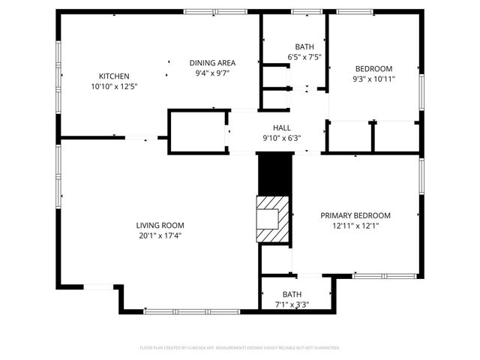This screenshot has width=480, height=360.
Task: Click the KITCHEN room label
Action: pyautogui.click(x=115, y=76)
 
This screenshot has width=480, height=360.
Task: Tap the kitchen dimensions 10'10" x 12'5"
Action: pyautogui.click(x=115, y=86)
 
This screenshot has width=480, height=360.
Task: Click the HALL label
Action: pyautogui.click(x=281, y=127)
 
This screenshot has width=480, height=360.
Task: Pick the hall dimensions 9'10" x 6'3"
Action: pyautogui.click(x=281, y=138)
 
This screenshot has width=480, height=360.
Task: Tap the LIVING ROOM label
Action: pyautogui.click(x=160, y=225)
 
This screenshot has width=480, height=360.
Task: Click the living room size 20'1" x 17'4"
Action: pyautogui.click(x=160, y=235)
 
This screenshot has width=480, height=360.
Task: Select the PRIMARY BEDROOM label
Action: pyautogui.click(x=355, y=215)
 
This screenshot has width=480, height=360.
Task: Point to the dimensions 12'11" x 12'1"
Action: pyautogui.click(x=355, y=226)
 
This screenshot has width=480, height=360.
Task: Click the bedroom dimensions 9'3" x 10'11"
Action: pyautogui.click(x=373, y=78)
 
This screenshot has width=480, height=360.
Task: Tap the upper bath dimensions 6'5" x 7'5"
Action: pyautogui.click(x=304, y=57)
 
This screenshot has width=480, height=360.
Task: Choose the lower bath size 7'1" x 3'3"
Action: pyautogui.click(x=292, y=304)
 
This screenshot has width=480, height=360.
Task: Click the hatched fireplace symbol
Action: pyautogui.click(x=273, y=219)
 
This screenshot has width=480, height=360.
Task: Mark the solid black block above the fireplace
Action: pyautogui.click(x=273, y=174)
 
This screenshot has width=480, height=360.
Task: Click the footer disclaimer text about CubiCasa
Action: pyautogui.click(x=240, y=348)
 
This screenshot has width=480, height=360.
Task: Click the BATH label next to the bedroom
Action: pyautogui.click(x=304, y=46)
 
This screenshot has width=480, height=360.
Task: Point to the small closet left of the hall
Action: pyautogui.click(x=197, y=132)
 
